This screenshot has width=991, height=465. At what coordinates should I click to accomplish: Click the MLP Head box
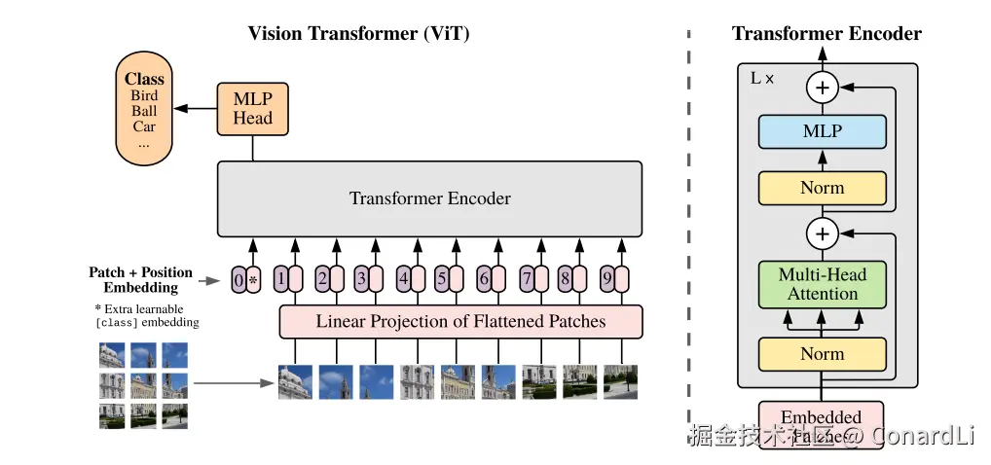tap(252, 109)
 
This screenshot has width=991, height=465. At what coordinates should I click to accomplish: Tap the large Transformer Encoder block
tap(429, 198)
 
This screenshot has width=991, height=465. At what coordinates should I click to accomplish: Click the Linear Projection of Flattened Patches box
tap(460, 321)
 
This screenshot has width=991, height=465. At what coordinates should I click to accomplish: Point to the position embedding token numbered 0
tap(239, 280)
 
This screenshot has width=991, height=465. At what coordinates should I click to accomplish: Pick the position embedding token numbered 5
tap(442, 280)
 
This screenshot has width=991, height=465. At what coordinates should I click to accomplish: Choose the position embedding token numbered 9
tap(608, 280)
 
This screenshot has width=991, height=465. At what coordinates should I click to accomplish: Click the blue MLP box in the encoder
tap(822, 131)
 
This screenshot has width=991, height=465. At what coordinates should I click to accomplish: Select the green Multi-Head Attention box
tap(822, 284)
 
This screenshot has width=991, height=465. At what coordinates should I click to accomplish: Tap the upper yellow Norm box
tap(822, 188)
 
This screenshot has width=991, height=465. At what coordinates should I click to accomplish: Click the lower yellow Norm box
tap(822, 354)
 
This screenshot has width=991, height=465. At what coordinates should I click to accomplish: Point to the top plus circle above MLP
tap(823, 88)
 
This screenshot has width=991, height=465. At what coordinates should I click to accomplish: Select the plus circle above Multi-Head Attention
tap(823, 233)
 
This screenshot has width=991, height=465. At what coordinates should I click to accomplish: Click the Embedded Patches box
tap(822, 425)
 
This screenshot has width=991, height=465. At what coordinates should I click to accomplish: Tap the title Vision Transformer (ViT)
tap(358, 34)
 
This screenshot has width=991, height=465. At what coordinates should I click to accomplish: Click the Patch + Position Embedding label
tap(141, 280)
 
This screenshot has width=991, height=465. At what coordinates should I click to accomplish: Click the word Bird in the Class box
tap(144, 95)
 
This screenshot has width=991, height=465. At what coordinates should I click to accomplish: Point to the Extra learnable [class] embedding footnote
tap(146, 315)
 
